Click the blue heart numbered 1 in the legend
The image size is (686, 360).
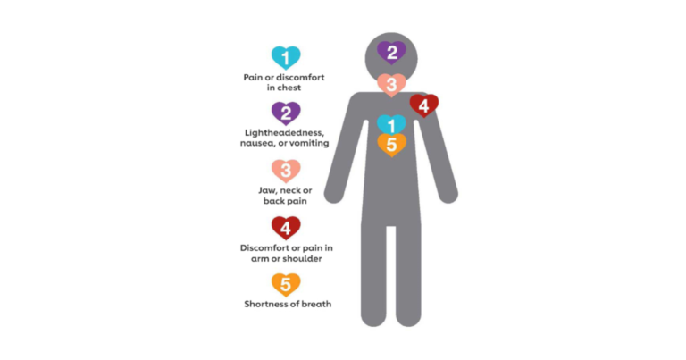point(286,58)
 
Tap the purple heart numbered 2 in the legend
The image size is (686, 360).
point(286,113)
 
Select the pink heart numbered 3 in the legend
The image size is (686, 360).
point(286,171)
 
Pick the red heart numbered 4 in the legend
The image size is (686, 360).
point(286,228)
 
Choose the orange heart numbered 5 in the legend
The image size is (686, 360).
point(286,285)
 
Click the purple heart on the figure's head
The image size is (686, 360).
point(391,53)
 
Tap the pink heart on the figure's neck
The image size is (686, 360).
point(391,85)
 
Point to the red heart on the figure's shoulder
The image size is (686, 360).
point(424,105)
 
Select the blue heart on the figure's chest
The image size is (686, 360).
point(391,125)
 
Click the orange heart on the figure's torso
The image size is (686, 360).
point(391,145)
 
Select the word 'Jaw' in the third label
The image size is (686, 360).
point(267,190)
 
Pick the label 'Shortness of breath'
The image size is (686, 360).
point(288,304)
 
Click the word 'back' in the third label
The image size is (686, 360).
point(274,201)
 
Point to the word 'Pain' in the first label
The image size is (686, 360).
point(253,78)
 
